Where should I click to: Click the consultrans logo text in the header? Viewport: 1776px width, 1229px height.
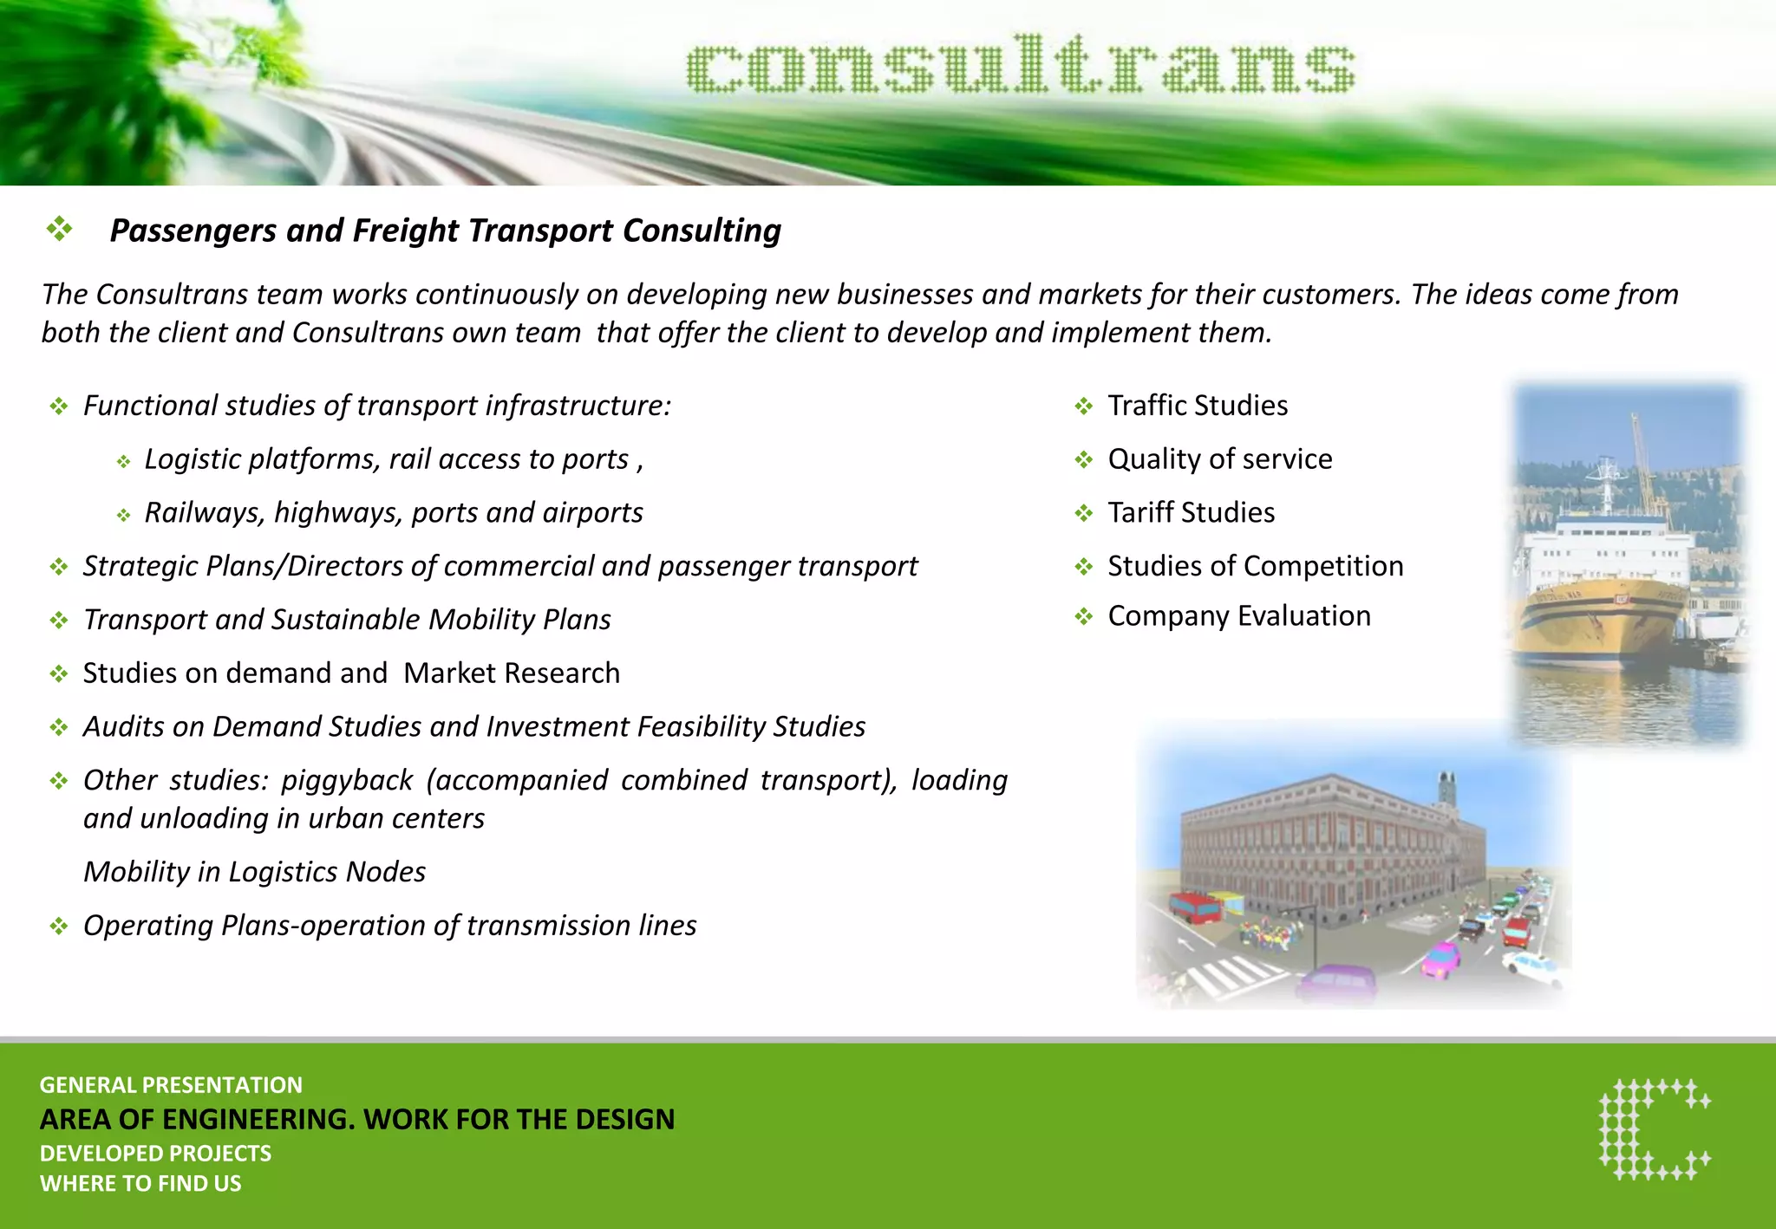click(1020, 65)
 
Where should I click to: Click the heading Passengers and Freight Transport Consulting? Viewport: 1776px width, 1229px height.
click(445, 231)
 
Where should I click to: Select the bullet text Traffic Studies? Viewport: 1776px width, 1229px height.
click(1197, 406)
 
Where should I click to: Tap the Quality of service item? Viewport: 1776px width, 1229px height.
click(1219, 459)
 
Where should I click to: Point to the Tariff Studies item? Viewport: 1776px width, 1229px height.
click(1191, 513)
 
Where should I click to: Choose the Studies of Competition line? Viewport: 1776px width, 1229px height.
click(1255, 566)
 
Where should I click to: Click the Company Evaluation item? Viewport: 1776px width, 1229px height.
click(1238, 616)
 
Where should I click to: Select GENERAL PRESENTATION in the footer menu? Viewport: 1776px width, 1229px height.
click(171, 1085)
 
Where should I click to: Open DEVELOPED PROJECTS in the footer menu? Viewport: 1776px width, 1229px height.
click(155, 1154)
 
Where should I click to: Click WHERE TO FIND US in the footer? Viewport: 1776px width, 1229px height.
click(140, 1184)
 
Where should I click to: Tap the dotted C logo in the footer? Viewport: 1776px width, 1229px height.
click(1654, 1129)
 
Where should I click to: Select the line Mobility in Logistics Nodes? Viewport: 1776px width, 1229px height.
click(254, 872)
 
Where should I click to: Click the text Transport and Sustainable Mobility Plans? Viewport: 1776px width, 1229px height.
click(347, 620)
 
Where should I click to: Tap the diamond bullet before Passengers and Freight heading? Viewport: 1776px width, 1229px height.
click(59, 230)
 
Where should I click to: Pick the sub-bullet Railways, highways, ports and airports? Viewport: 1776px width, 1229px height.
click(393, 513)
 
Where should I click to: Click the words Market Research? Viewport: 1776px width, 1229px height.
click(512, 673)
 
